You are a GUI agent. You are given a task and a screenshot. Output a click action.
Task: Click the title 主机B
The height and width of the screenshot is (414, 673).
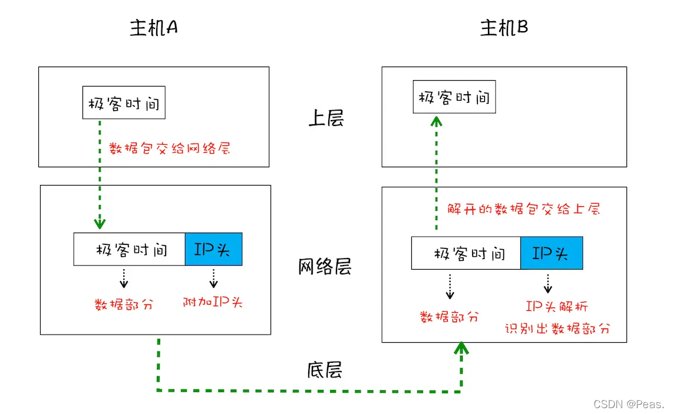click(504, 28)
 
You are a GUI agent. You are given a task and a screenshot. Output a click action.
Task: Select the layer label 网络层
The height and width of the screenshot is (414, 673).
click(325, 267)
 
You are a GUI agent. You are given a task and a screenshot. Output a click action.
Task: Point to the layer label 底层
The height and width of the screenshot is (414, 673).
click(325, 369)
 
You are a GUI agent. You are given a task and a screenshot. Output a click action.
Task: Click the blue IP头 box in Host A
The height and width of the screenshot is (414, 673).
click(213, 249)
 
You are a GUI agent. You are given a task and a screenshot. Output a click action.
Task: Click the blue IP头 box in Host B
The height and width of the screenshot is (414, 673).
click(551, 253)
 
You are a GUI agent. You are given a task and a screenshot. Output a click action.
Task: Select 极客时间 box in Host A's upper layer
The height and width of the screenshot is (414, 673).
click(124, 102)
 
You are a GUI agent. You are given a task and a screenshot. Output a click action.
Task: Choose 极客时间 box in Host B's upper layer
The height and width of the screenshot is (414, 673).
click(454, 97)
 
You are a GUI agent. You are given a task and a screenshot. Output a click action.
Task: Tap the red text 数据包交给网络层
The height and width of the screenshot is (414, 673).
click(170, 148)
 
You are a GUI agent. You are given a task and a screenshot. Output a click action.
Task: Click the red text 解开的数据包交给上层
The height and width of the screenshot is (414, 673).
click(523, 209)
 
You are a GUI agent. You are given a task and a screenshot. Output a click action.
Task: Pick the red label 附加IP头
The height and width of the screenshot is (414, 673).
click(213, 303)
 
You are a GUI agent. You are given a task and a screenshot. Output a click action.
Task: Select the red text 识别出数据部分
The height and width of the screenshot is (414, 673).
click(557, 329)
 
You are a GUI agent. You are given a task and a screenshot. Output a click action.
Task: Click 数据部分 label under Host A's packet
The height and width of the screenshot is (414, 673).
click(124, 304)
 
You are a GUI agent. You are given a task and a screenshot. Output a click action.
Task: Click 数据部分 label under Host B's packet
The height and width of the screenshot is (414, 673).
click(449, 317)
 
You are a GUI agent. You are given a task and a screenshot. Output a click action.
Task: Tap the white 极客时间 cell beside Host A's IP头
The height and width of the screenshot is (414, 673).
click(130, 249)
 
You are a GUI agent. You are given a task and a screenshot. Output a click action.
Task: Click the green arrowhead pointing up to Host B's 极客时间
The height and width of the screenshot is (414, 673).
click(436, 121)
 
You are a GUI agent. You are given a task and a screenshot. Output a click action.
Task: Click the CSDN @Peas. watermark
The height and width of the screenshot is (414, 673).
click(628, 404)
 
